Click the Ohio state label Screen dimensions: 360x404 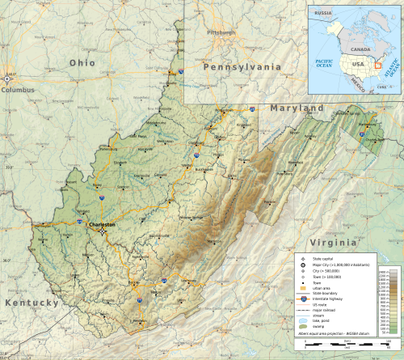click(x=82, y=62)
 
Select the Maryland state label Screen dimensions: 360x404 click(x=297, y=108)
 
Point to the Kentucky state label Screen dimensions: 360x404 click(x=32, y=303)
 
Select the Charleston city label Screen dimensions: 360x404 click(x=103, y=224)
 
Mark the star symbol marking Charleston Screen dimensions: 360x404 click(x=103, y=231)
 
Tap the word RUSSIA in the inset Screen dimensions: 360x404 click(x=324, y=13)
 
